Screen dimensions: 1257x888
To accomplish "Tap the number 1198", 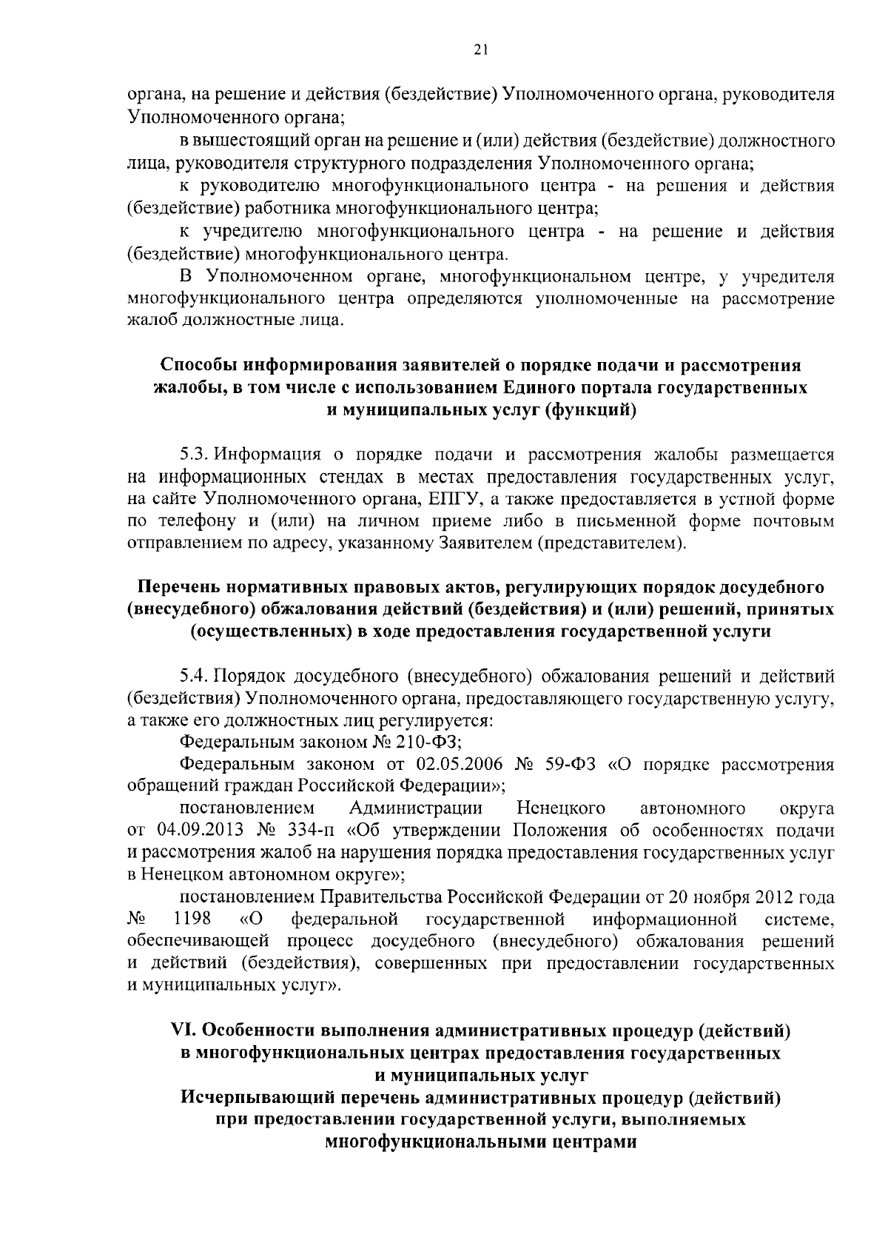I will tap(192, 919).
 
